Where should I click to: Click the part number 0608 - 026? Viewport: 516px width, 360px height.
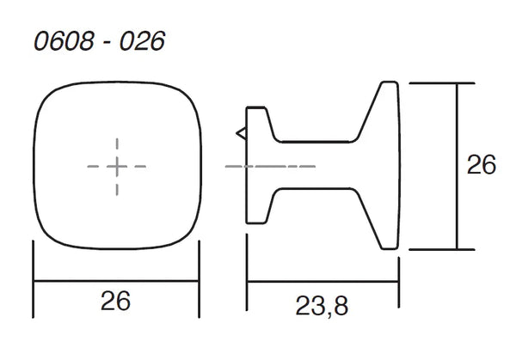pyautogui.click(x=100, y=41)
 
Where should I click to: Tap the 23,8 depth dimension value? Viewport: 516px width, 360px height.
pyautogui.click(x=322, y=307)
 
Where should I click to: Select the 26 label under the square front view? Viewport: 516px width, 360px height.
pyautogui.click(x=115, y=301)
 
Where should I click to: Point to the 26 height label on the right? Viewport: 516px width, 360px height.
pyautogui.click(x=481, y=164)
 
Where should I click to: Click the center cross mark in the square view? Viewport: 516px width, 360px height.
pyautogui.click(x=117, y=167)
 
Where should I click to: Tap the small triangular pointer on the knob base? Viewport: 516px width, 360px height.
pyautogui.click(x=241, y=133)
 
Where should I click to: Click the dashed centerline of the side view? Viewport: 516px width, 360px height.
pyautogui.click(x=270, y=167)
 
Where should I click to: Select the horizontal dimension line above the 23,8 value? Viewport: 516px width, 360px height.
pyautogui.click(x=322, y=282)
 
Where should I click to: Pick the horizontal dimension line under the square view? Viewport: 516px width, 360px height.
pyautogui.click(x=116, y=281)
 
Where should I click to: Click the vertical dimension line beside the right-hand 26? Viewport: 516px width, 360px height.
pyautogui.click(x=457, y=167)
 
